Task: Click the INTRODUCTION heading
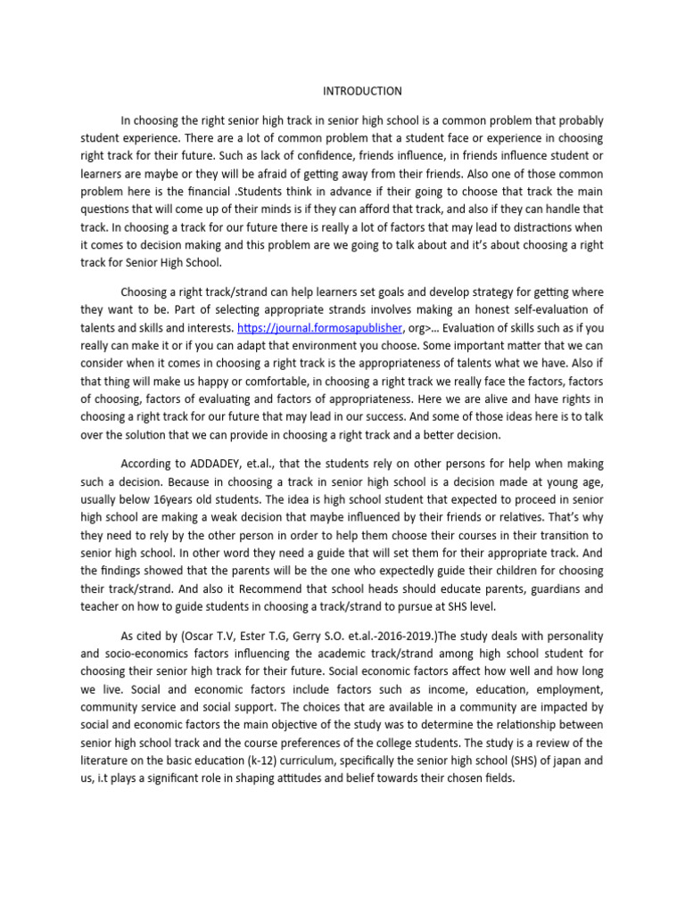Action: [361, 91]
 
